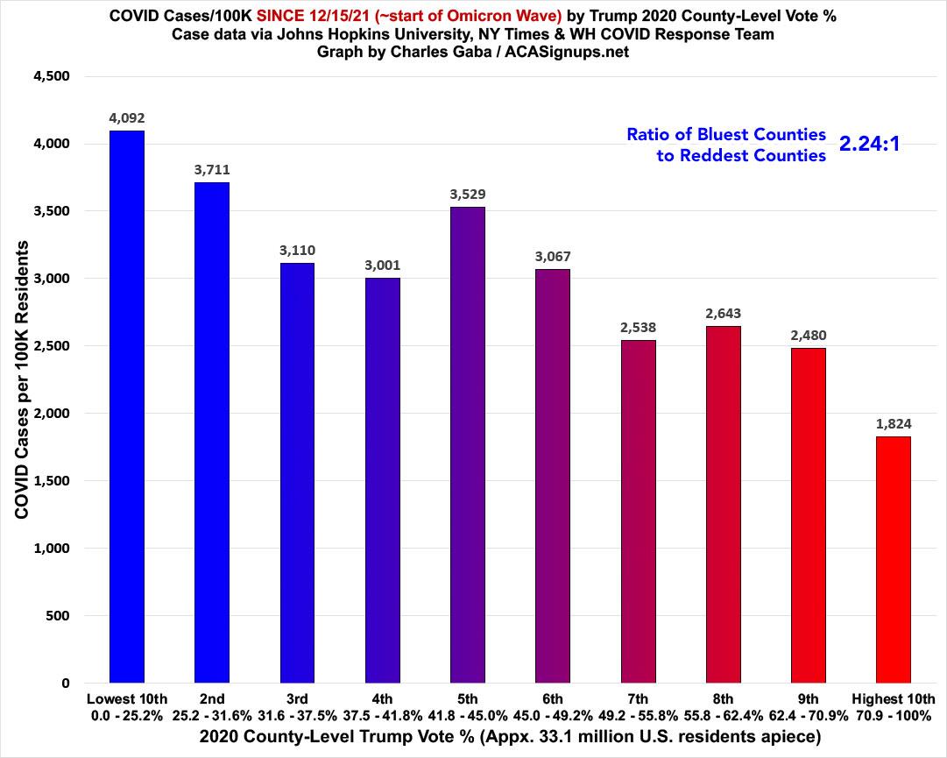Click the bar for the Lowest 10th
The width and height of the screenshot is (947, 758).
pos(127,407)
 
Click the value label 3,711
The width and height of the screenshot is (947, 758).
pos(212,169)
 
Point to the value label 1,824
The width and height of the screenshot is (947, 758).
pos(893,423)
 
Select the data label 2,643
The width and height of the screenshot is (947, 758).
pos(723,313)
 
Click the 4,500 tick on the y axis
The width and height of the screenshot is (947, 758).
pos(50,77)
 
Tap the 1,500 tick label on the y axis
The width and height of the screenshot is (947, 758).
pos(51,481)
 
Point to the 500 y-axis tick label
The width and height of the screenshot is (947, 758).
pos(57,616)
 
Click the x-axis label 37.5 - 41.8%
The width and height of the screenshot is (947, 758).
pos(382,715)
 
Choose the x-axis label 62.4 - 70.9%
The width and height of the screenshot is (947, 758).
pos(808,715)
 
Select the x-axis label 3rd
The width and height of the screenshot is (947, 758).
pos(297,698)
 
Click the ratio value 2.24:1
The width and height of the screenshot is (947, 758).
pos(870,145)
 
